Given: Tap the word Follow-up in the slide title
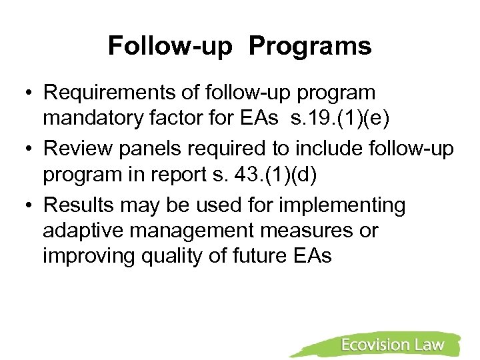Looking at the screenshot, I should [169, 47].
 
